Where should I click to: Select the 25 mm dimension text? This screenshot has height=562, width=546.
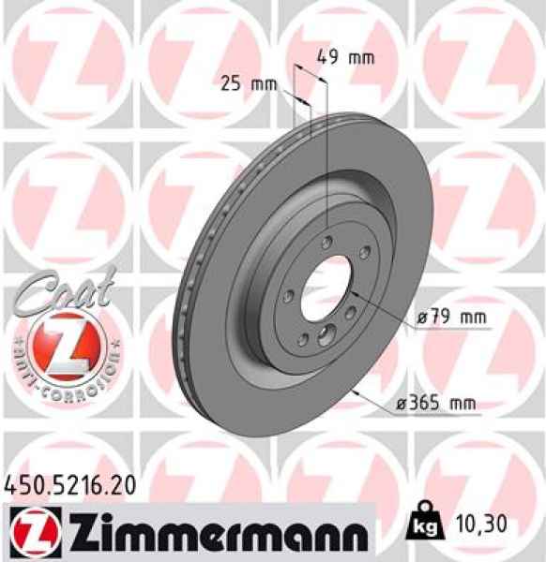(x=249, y=83)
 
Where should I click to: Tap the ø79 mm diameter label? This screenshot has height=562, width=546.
(x=452, y=318)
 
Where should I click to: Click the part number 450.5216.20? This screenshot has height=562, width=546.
(x=71, y=484)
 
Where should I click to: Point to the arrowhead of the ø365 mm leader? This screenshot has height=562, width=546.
(x=356, y=389)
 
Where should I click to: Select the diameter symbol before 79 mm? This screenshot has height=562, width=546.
(x=422, y=318)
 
